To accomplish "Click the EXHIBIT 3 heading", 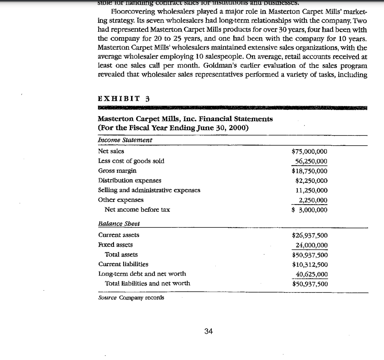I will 124,99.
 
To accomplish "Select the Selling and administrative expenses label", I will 149,190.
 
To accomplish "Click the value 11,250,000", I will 312,190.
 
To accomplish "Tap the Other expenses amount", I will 313,200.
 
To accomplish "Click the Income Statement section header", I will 125,140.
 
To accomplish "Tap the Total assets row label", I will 121,254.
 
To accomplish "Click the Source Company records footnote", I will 131,298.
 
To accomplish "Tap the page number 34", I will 208,331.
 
